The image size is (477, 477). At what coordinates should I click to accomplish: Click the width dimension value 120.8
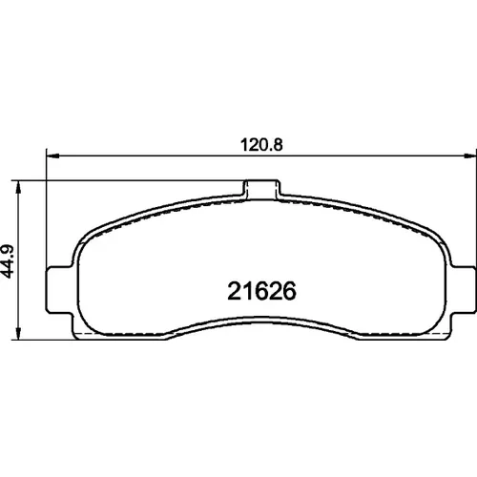(x=261, y=145)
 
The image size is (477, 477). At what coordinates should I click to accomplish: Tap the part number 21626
(x=261, y=291)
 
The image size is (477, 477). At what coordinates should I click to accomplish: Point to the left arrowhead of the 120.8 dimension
(x=53, y=156)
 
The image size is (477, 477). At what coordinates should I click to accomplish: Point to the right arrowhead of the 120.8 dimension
(x=470, y=156)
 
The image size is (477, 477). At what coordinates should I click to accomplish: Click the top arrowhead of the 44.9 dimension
(x=18, y=187)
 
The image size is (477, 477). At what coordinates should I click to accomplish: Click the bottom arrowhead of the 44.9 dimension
(x=18, y=333)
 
